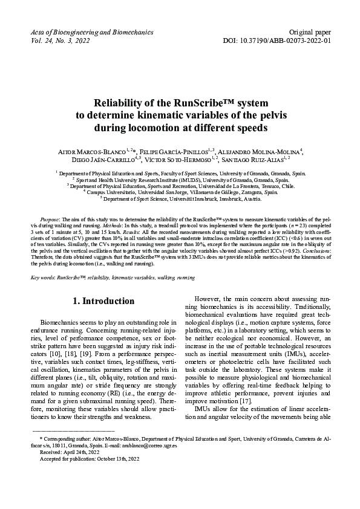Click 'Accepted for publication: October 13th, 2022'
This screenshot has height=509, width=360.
(89, 476)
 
